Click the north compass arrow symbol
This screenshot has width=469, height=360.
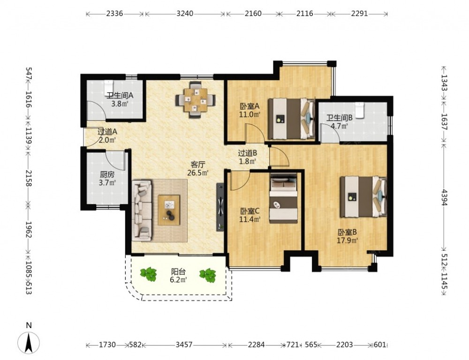pos(29,343)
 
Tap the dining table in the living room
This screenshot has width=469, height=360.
pos(196,100)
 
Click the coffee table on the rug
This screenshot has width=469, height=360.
pos(169,210)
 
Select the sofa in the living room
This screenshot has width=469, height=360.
pos(142,210)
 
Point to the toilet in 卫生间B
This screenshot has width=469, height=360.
pos(359,110)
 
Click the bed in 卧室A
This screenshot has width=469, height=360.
pos(291,119)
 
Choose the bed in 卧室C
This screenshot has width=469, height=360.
pos(283,198)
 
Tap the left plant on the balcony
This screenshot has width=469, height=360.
pos(149,274)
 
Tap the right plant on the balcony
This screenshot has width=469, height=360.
pos(208,275)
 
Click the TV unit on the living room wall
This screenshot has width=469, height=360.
pos(220,207)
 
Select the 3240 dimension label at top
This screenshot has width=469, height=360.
pos(185,14)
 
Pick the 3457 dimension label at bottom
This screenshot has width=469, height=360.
pos(184,345)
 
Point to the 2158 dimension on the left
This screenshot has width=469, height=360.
pos(29,178)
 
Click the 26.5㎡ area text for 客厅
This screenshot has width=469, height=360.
pos(198,173)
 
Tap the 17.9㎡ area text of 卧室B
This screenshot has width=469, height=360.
pos(348,240)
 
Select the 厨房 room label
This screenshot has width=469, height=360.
pos(107,174)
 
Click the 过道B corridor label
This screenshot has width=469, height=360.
pos(248,153)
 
